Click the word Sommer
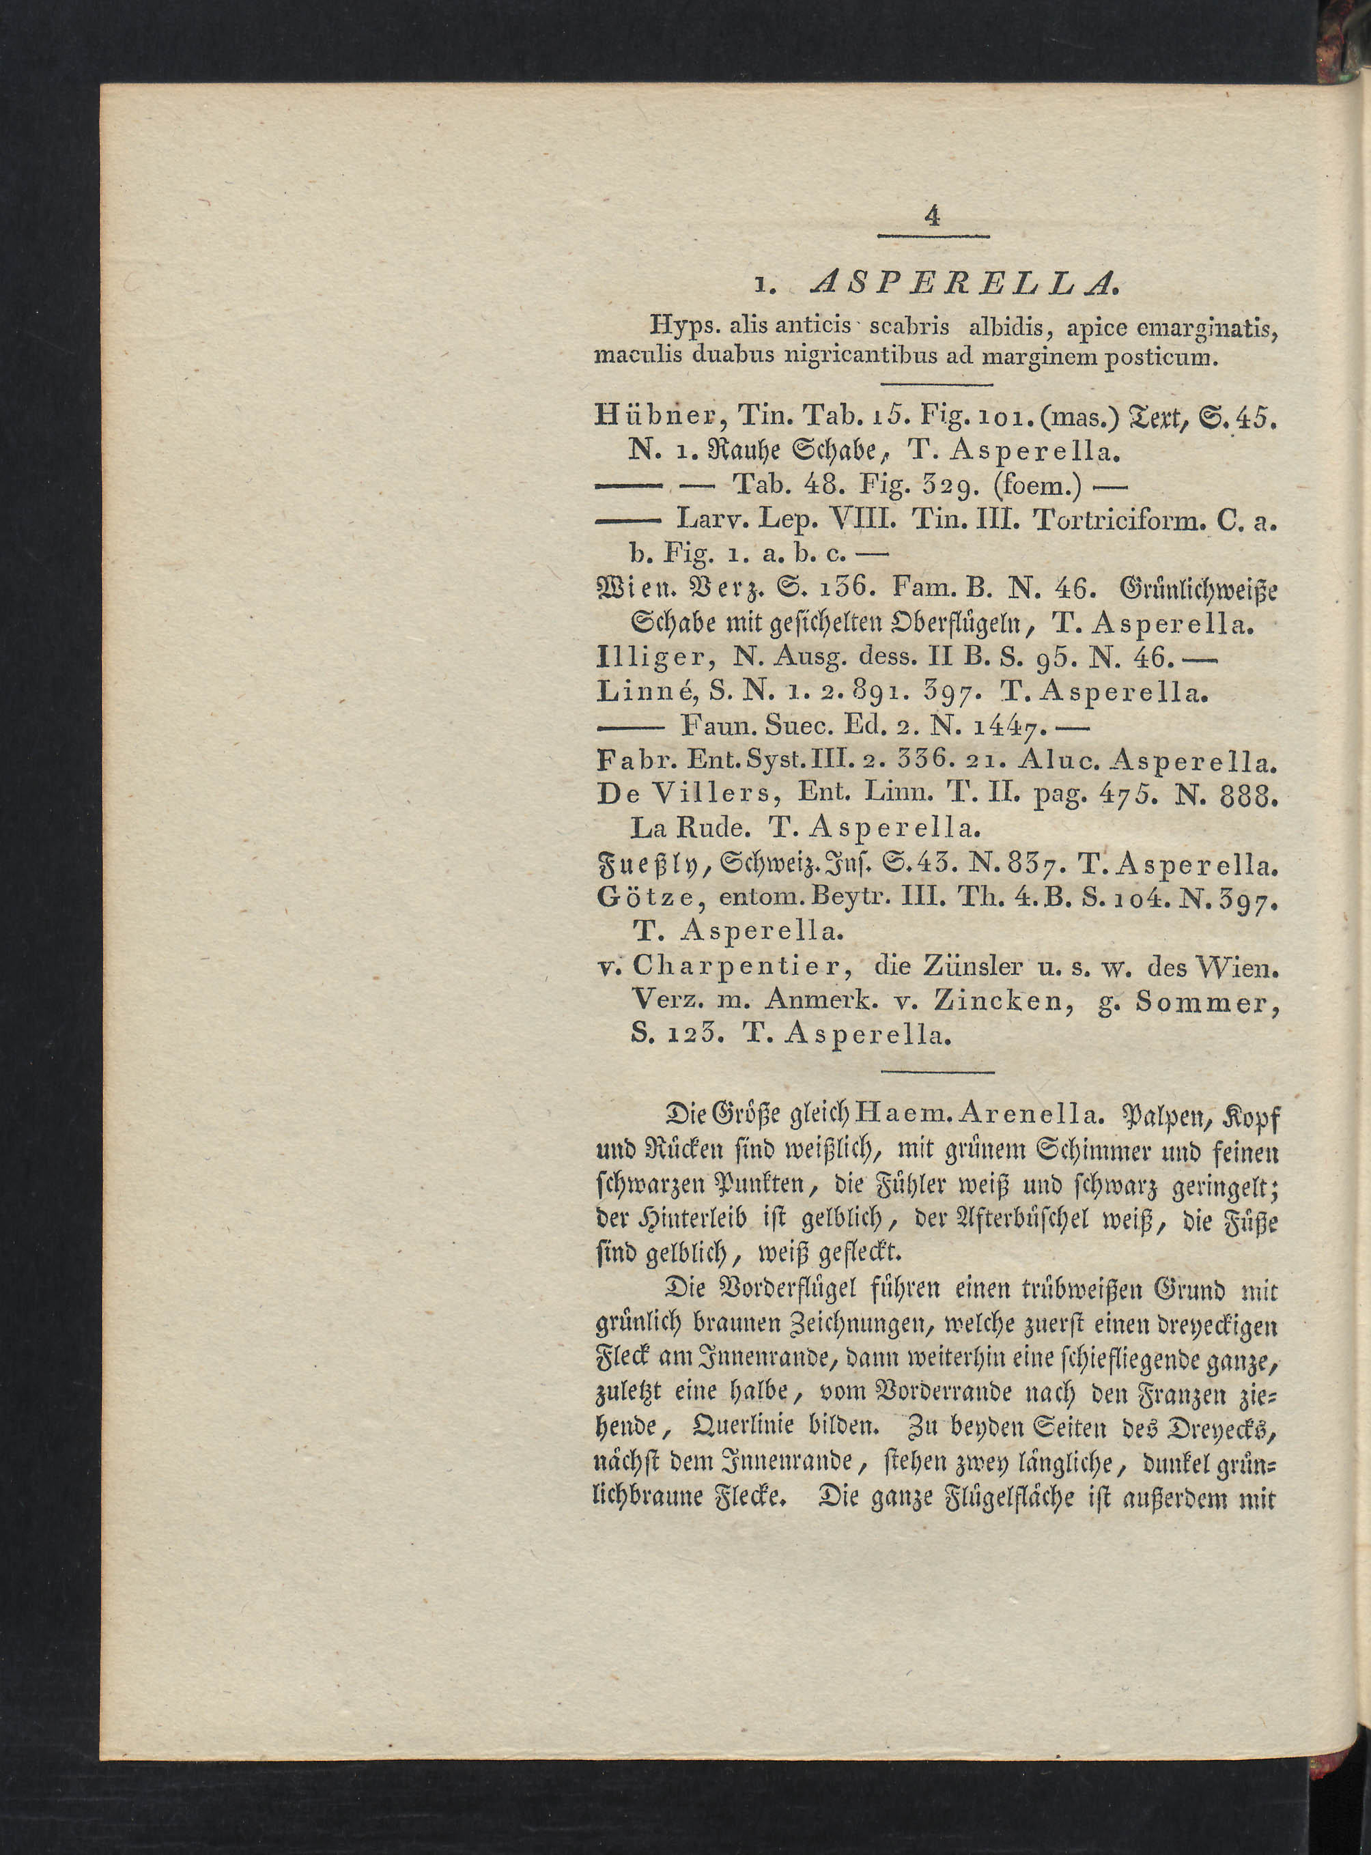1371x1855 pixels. (1206, 1003)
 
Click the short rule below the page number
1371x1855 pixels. (933, 239)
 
